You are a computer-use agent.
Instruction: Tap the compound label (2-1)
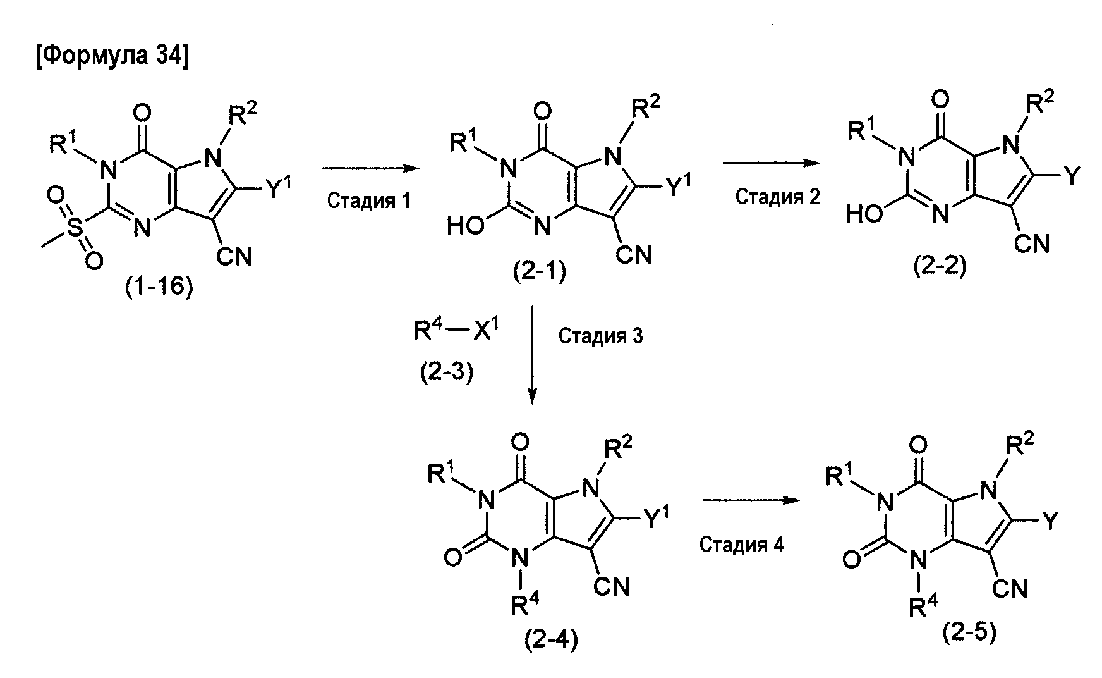[x=540, y=273]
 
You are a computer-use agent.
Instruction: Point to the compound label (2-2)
[x=940, y=267]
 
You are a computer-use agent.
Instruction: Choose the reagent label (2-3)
[x=447, y=373]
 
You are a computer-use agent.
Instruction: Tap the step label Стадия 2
[x=777, y=197]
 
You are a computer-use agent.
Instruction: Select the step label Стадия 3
[x=600, y=335]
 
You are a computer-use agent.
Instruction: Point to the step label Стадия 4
[x=741, y=545]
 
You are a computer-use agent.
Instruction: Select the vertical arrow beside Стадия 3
[x=532, y=354]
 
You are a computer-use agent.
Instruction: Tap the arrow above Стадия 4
[x=748, y=500]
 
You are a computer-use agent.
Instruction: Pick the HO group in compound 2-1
[x=466, y=225]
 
